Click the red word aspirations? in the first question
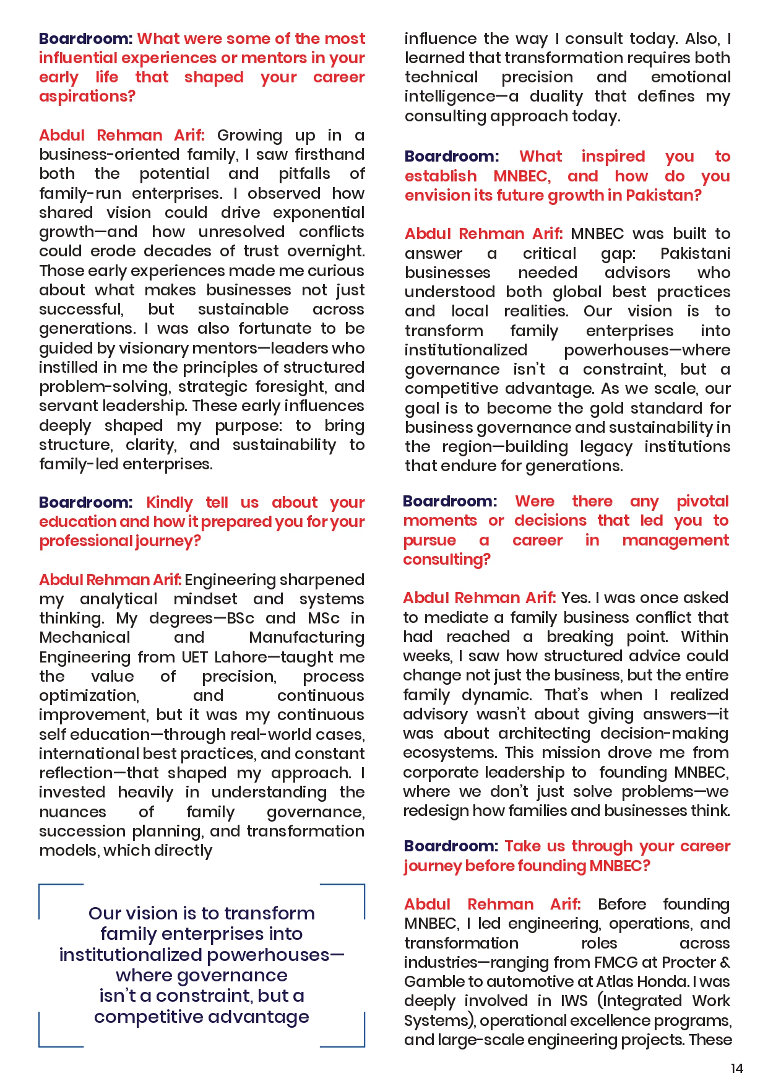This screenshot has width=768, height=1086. (87, 97)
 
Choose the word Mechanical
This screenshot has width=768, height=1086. (85, 638)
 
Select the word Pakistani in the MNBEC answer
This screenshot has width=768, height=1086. (695, 254)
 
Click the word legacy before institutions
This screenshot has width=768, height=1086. (606, 447)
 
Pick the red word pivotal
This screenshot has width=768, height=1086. (702, 502)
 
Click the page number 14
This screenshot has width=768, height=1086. (736, 1069)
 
